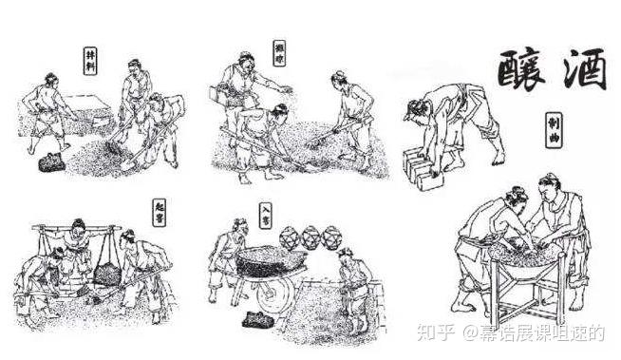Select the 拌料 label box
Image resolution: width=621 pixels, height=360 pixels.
coord(90,60)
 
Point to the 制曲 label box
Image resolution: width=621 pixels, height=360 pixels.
coord(552,131)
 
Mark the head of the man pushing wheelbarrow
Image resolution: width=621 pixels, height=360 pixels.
coord(241,228)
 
